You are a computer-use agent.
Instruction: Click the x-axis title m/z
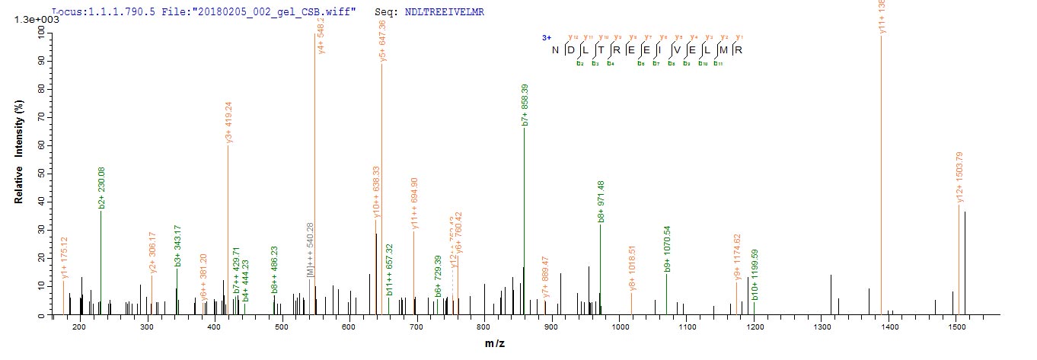click(x=494, y=344)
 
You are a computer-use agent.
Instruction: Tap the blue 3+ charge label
click(x=546, y=37)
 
